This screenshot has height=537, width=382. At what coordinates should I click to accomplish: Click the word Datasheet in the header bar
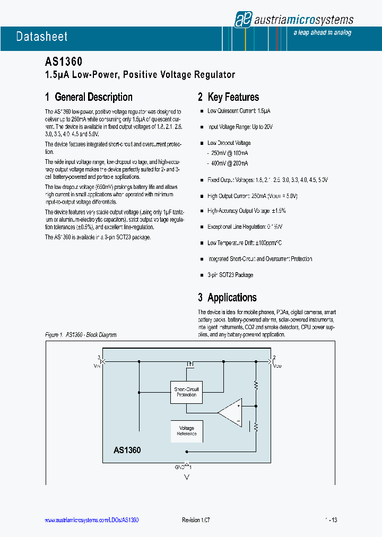[x=42, y=37]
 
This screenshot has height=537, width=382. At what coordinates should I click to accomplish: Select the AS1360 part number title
[x=63, y=62]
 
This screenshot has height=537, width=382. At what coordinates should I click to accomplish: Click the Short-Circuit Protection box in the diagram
[x=186, y=392]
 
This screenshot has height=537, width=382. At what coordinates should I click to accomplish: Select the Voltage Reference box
[x=186, y=431]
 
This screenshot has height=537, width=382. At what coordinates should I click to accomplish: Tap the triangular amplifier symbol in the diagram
[x=230, y=412]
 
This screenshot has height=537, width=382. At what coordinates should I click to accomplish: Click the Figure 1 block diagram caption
[x=81, y=335]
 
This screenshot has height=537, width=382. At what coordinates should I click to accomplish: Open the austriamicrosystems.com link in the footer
[x=92, y=521]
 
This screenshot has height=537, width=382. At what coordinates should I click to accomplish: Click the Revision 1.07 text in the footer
[x=196, y=521]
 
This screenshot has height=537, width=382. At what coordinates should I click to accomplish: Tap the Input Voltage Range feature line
[x=240, y=127]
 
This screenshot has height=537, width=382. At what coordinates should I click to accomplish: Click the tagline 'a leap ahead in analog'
[x=322, y=33]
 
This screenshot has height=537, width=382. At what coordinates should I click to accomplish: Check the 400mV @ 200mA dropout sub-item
[x=229, y=163]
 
